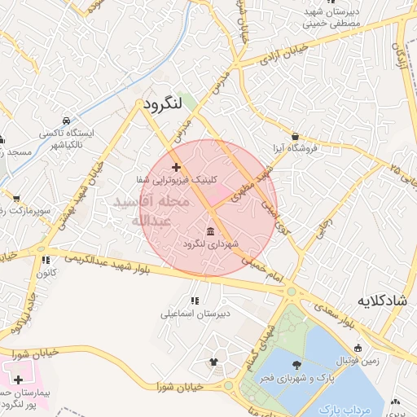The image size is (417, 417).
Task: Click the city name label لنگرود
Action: (x=165, y=106)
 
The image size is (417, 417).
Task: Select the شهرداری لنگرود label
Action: (x=210, y=244)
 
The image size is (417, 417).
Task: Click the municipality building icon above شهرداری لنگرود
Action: (x=211, y=230)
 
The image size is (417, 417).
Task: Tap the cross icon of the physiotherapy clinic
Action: (x=176, y=166)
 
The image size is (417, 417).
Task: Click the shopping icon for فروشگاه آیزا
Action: (x=294, y=136)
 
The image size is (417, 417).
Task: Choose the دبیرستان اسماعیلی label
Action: (x=195, y=313)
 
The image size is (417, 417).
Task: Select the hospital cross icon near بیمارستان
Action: (x=19, y=380)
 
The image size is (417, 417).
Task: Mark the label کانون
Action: (x=45, y=273)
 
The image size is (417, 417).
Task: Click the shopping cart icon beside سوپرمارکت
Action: (x=16, y=197)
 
